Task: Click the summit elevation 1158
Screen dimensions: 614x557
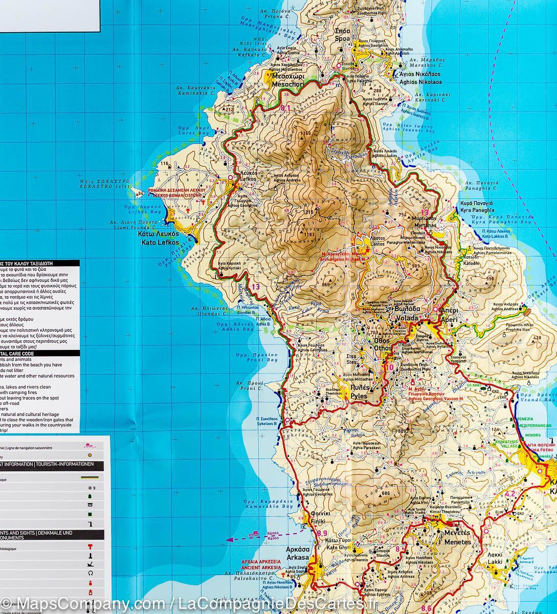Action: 305,134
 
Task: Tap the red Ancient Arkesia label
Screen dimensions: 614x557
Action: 261,564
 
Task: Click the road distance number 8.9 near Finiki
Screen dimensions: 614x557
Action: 322,533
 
